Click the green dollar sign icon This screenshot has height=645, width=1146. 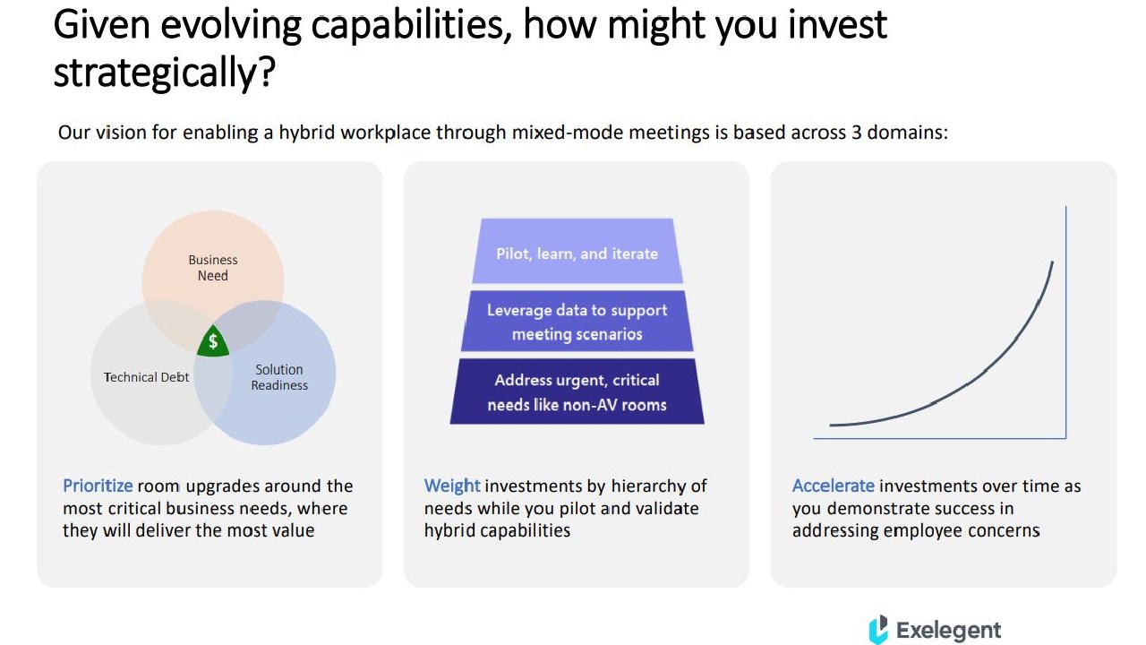pyautogui.click(x=213, y=341)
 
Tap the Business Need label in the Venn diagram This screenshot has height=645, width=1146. pyautogui.click(x=213, y=268)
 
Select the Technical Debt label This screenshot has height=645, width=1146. pyautogui.click(x=146, y=377)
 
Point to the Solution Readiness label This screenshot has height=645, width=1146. pyautogui.click(x=279, y=377)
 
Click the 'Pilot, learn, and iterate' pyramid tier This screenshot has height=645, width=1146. pyautogui.click(x=577, y=251)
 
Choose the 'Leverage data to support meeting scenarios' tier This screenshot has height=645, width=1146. pyautogui.click(x=577, y=321)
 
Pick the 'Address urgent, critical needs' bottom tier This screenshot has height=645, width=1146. pyautogui.click(x=577, y=391)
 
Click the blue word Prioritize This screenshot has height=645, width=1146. pyautogui.click(x=98, y=486)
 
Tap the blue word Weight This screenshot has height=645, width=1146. pyautogui.click(x=452, y=486)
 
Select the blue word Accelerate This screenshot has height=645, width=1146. pyautogui.click(x=834, y=486)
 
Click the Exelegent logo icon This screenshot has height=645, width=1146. pyautogui.click(x=878, y=629)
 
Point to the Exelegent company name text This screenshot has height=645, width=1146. pyautogui.click(x=948, y=630)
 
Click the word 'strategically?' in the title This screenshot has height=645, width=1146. pyautogui.click(x=164, y=73)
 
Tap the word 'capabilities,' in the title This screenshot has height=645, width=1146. pyautogui.click(x=412, y=27)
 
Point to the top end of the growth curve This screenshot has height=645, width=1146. pyautogui.click(x=1052, y=262)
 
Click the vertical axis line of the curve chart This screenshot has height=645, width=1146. pyautogui.click(x=1066, y=322)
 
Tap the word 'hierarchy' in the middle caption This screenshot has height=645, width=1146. pyautogui.click(x=648, y=486)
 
